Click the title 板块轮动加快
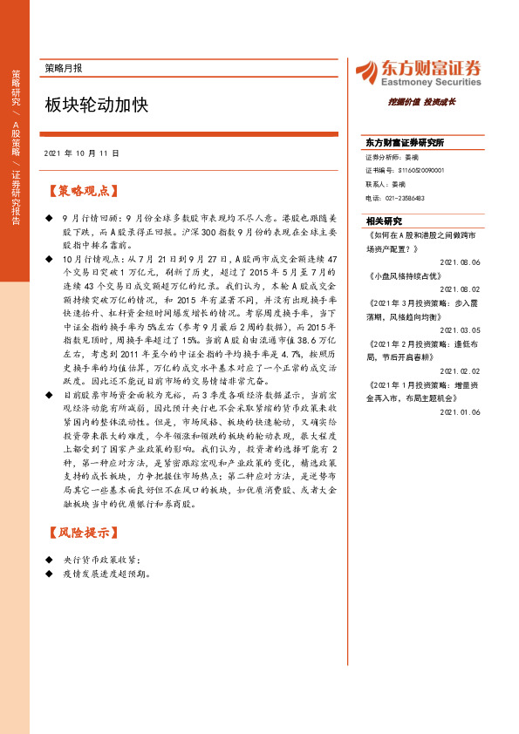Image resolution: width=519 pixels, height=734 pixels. pos(97,105)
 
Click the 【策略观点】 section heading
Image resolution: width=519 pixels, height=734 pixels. pos(85,191)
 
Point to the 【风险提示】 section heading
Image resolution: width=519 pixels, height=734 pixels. pos(85,531)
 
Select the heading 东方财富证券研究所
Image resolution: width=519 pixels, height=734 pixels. pos(405,142)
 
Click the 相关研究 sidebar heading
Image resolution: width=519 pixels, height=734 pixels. pos(384,221)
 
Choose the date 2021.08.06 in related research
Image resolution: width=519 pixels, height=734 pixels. pos(461,262)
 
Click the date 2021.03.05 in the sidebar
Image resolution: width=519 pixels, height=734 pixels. pos(461,330)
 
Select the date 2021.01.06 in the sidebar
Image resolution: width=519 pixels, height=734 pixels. pos(461,412)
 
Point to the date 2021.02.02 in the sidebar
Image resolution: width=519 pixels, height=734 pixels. pos(461,371)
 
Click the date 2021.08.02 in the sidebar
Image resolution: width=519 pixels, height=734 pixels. pos(461,289)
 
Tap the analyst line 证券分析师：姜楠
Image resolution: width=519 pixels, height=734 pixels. pos(387,157)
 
